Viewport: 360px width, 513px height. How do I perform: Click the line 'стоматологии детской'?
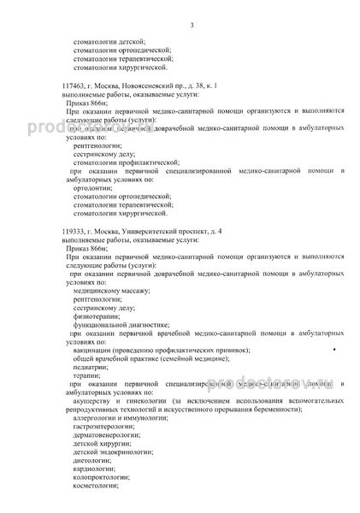click(x=110, y=41)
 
